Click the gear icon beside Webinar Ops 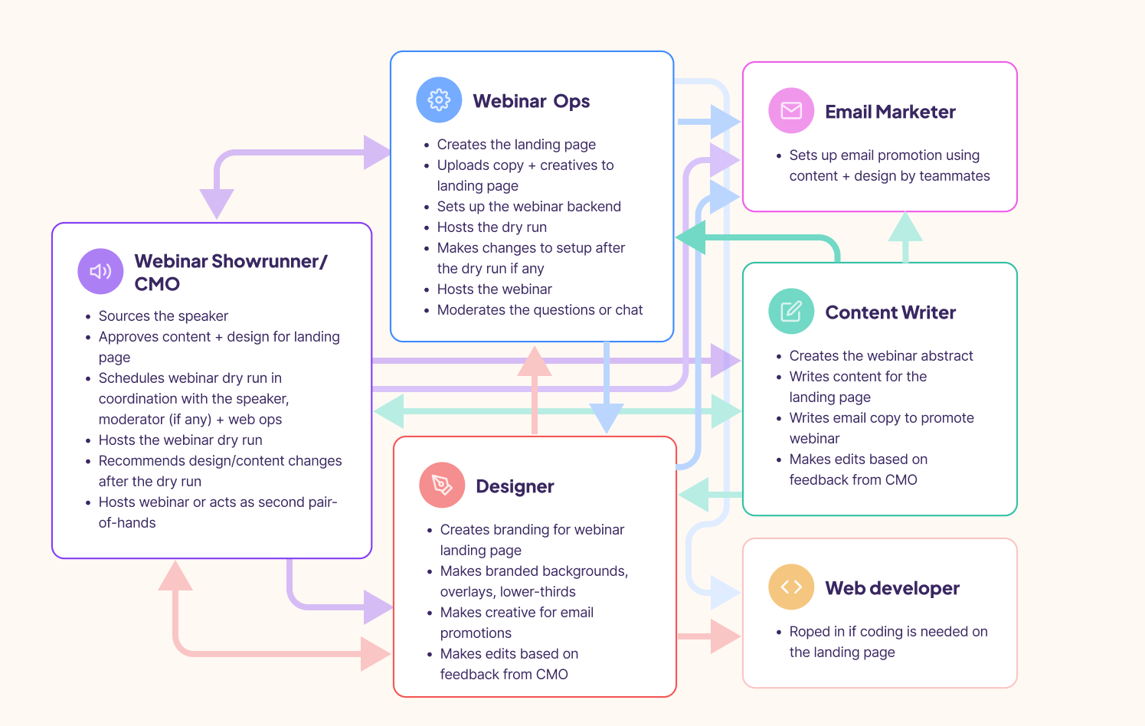[x=439, y=100]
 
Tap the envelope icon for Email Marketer [x=791, y=111]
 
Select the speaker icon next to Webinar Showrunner [x=100, y=271]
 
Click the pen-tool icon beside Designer [x=442, y=485]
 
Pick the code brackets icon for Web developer [x=791, y=587]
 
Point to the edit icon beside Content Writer [x=791, y=311]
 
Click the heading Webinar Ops [x=531, y=101]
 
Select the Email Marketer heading [x=890, y=112]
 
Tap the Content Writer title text [x=890, y=312]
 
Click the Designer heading [x=515, y=486]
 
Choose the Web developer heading [x=891, y=588]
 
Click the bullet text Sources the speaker [x=163, y=316]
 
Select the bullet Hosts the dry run [x=492, y=227]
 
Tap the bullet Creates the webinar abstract [x=881, y=356]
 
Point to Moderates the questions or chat [x=539, y=310]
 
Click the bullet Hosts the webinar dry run [x=180, y=440]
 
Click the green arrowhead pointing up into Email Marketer [x=905, y=227]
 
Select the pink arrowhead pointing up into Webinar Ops [x=535, y=361]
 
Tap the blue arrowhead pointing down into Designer [x=606, y=418]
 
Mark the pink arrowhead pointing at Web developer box [x=725, y=636]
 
